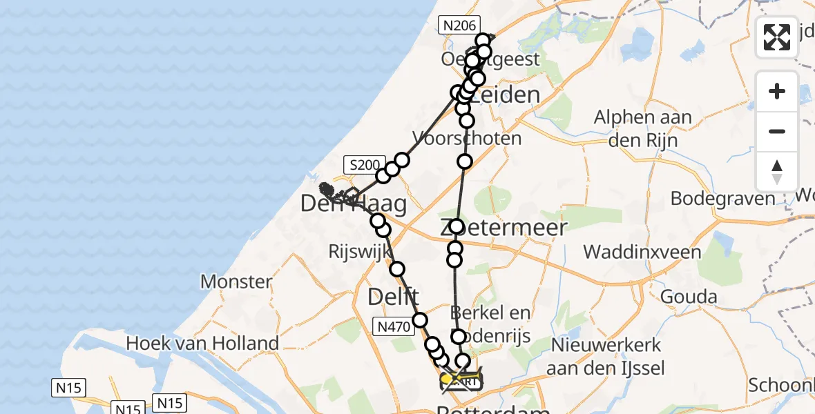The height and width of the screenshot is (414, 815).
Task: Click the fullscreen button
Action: [x=777, y=37]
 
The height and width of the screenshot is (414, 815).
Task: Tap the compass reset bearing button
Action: [x=777, y=171]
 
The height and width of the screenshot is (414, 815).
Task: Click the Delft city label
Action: [x=393, y=297]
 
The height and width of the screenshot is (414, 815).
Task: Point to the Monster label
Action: [x=236, y=282]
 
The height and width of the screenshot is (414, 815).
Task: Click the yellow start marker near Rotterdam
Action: [x=446, y=379]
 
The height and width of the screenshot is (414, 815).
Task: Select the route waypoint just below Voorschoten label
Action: [x=465, y=161]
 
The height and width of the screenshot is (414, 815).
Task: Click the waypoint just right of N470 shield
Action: [x=420, y=319]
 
